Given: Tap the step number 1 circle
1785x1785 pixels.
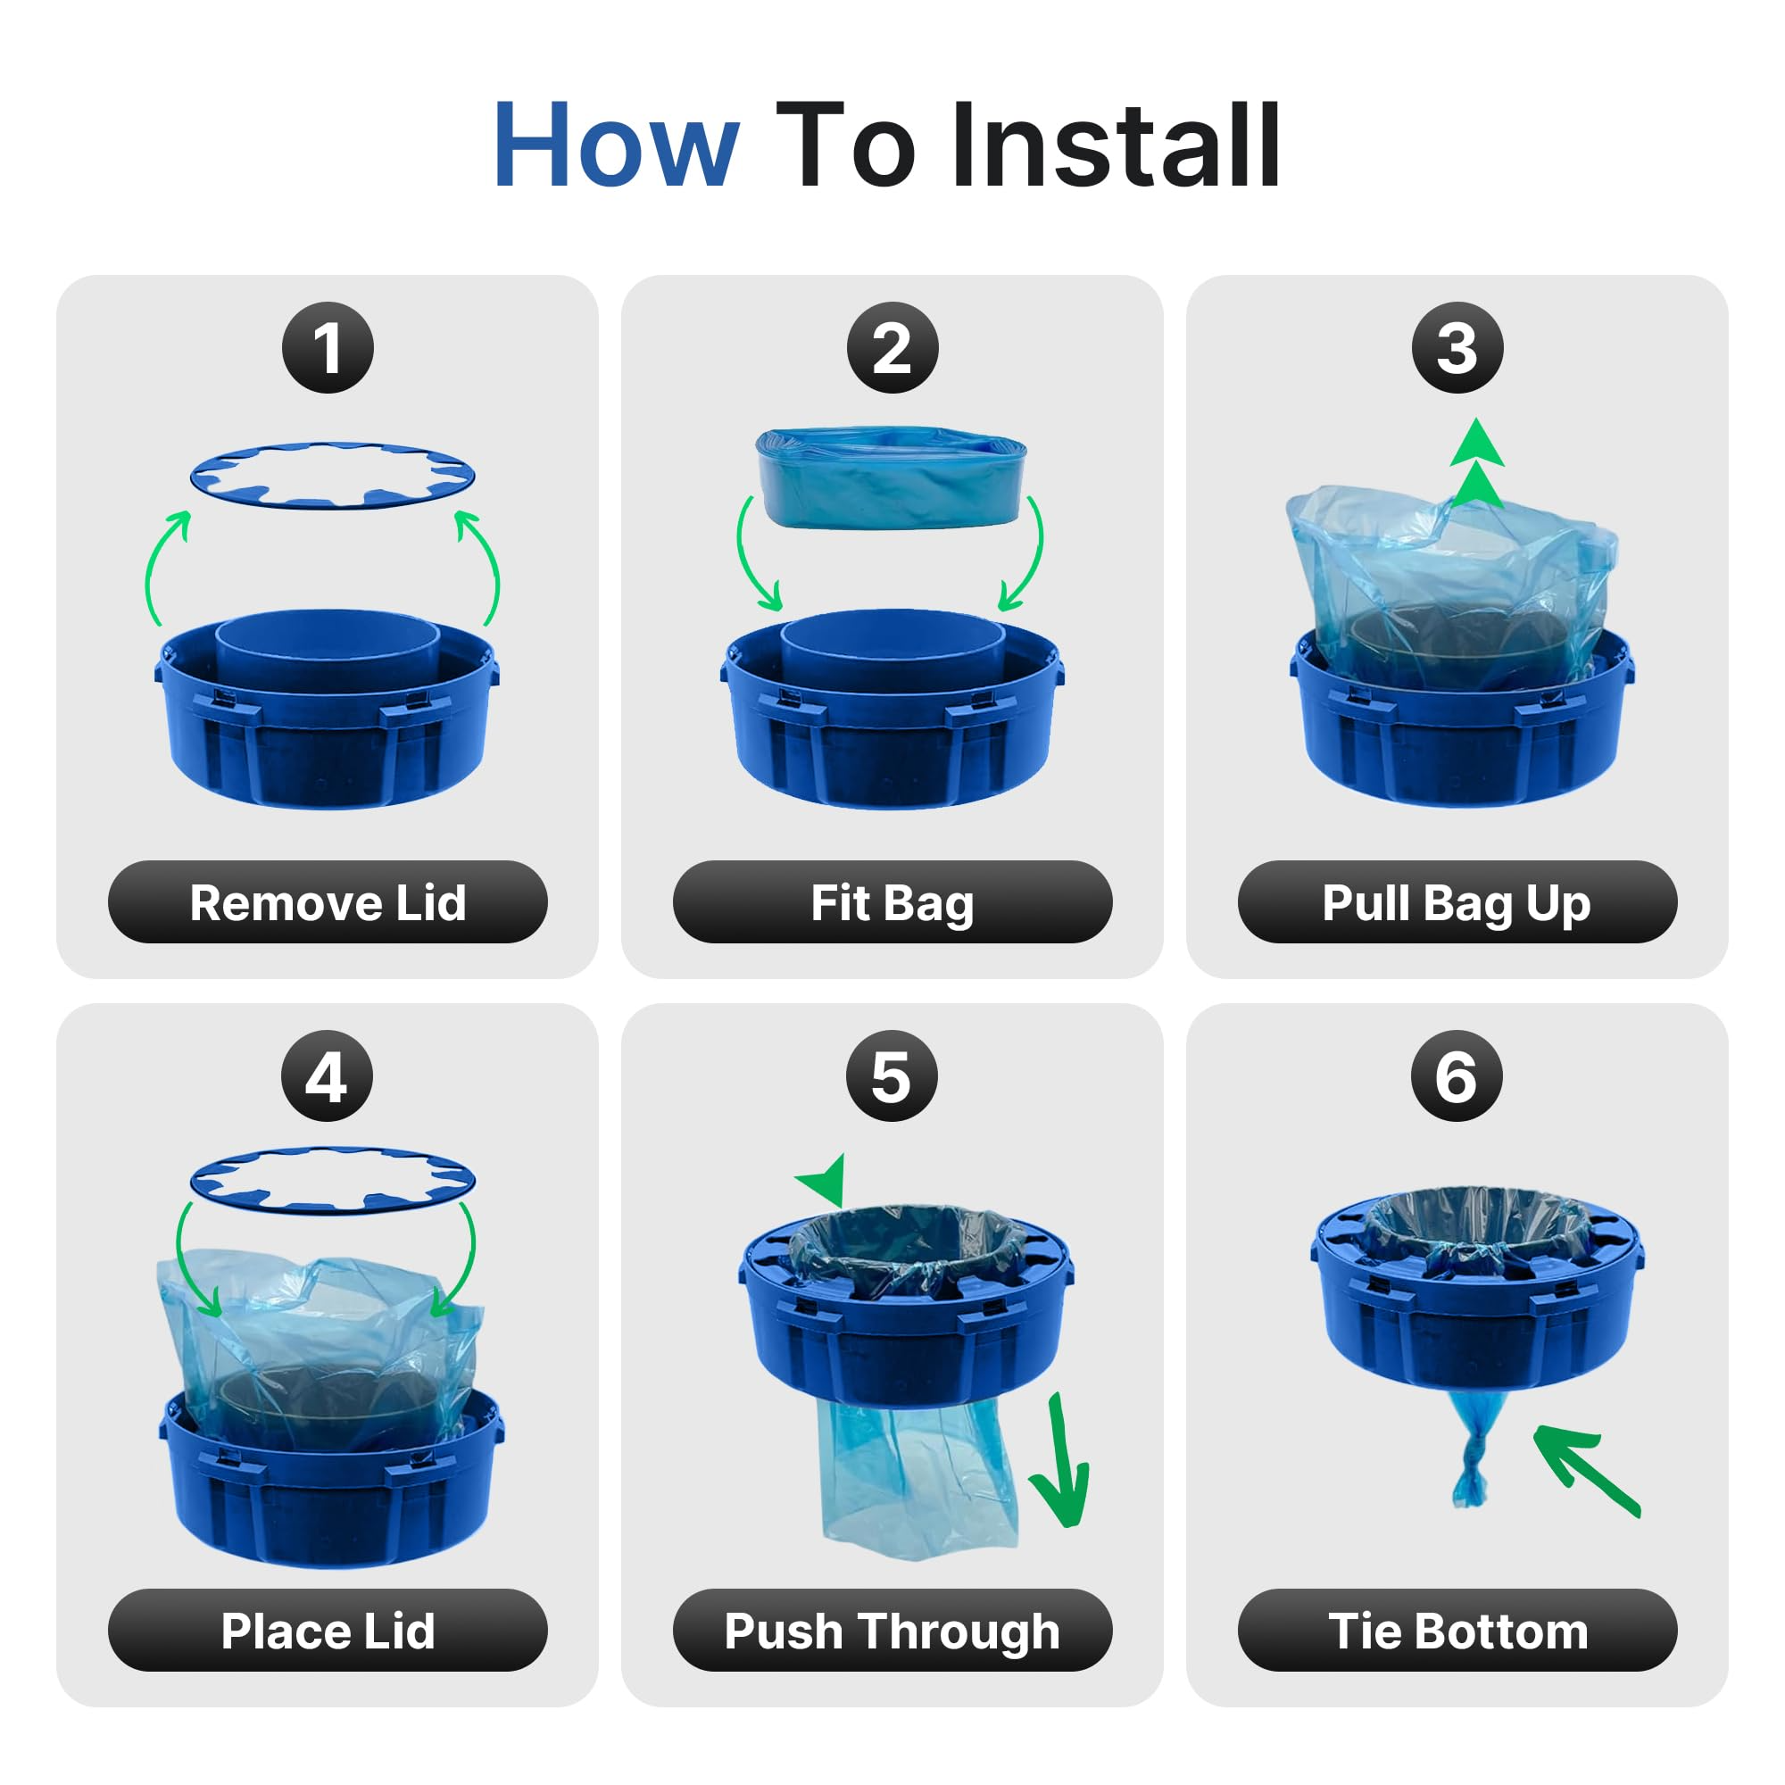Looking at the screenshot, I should point(328,347).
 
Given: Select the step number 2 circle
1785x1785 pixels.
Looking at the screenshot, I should point(892,347).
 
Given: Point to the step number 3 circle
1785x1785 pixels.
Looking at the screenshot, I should point(1457,347).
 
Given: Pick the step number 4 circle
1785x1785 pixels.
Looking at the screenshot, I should point(327,1076).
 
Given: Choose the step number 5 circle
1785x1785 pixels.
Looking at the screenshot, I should point(892,1076).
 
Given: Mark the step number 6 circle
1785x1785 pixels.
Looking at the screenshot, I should point(1456,1076).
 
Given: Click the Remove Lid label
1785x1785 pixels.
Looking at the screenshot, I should point(328,902).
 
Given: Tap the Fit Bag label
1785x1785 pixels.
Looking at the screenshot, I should point(892,902).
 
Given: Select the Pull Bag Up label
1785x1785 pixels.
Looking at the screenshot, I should point(1457,902).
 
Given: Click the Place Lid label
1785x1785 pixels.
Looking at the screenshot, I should point(328,1631).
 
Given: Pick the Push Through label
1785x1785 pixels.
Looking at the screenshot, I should point(892,1631).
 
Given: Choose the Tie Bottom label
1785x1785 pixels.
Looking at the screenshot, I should point(1457,1631).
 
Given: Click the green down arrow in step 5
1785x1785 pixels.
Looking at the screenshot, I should point(1062,1465).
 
